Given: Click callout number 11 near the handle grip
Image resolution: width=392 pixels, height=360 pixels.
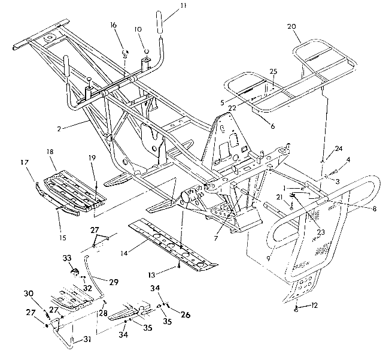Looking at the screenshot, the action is pyautogui.click(x=183, y=5).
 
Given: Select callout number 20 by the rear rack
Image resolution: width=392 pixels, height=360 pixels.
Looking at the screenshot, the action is pyautogui.click(x=291, y=26).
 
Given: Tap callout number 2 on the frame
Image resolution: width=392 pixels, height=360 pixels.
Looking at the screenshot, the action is pyautogui.click(x=59, y=129).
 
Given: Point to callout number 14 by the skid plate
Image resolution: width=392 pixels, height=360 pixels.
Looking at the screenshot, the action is pyautogui.click(x=124, y=253).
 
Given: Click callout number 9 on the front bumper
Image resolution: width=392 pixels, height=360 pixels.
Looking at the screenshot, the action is pyautogui.click(x=268, y=258).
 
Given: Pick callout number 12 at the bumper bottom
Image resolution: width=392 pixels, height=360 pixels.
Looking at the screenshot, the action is pyautogui.click(x=314, y=305).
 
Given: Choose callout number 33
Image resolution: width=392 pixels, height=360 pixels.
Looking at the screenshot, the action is pyautogui.click(x=67, y=258).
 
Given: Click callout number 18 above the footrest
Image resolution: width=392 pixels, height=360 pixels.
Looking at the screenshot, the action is pyautogui.click(x=50, y=152).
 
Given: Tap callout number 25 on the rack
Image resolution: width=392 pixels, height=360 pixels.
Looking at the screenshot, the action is pyautogui.click(x=274, y=71).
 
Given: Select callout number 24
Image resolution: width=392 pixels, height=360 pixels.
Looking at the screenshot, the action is pyautogui.click(x=339, y=149).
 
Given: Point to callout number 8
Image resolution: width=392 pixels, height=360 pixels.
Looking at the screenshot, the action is pyautogui.click(x=374, y=208).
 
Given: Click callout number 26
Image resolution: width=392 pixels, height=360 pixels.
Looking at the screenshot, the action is pyautogui.click(x=186, y=314).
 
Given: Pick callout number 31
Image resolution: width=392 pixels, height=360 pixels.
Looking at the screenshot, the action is pyautogui.click(x=87, y=339).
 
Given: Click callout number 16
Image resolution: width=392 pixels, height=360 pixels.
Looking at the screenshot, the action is pyautogui.click(x=113, y=25).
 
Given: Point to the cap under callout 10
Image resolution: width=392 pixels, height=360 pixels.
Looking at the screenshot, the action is pyautogui.click(x=147, y=52).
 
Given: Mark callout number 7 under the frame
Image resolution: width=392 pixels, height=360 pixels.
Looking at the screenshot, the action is pyautogui.click(x=215, y=238).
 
